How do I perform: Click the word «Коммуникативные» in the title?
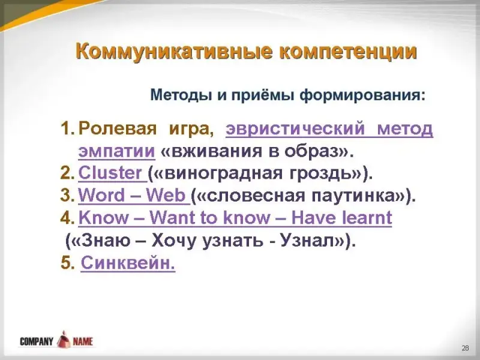click(x=174, y=52)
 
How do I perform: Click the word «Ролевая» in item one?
click(x=117, y=128)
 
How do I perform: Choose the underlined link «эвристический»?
click(x=295, y=128)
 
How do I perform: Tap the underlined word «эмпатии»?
click(x=116, y=151)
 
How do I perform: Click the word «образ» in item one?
click(x=311, y=151)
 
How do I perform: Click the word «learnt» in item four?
click(x=367, y=217)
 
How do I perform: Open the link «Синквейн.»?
click(x=128, y=263)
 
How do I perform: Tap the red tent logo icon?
click(x=63, y=339)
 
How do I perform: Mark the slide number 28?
click(x=466, y=348)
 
